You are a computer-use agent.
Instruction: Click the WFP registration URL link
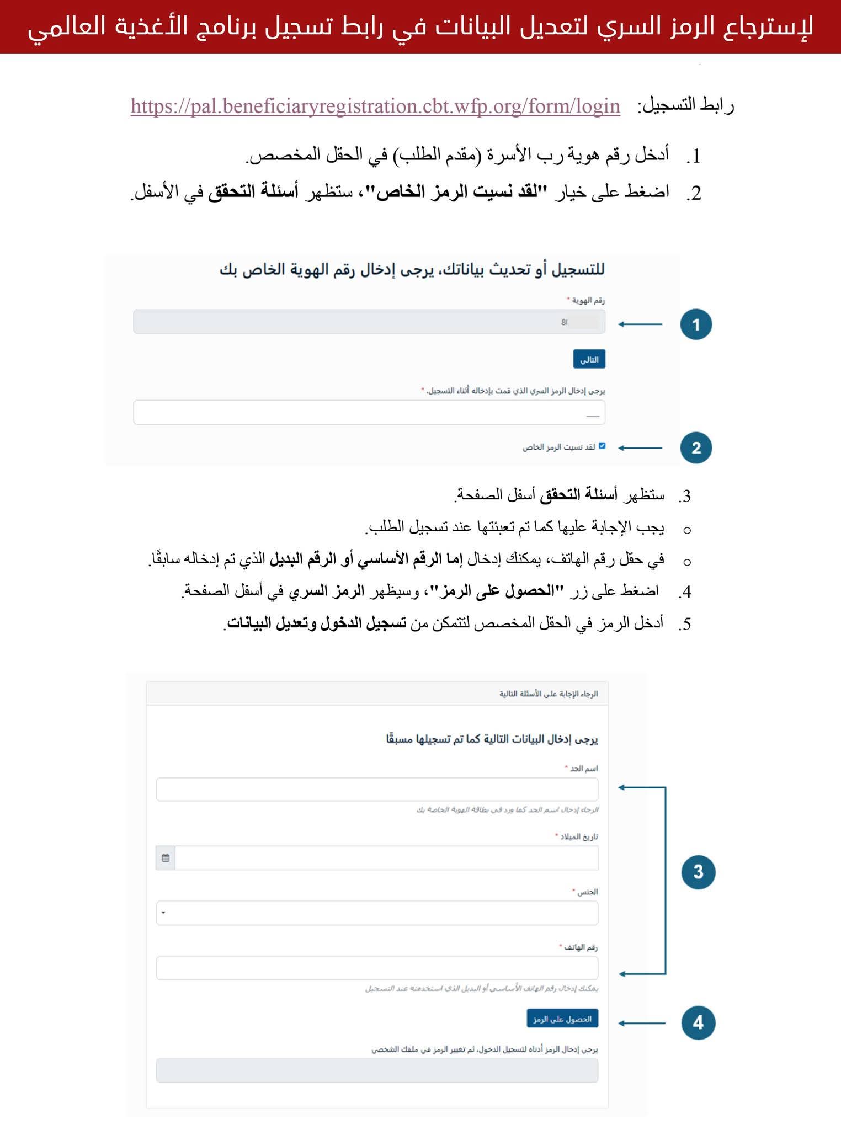click(375, 105)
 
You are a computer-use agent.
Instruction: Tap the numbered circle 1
click(696, 324)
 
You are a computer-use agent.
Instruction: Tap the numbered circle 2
click(696, 447)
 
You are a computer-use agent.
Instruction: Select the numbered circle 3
click(698, 872)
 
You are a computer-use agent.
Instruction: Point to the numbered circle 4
click(698, 1022)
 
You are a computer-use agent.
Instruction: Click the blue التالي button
click(589, 359)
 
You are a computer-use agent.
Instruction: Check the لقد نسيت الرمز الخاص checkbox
click(602, 446)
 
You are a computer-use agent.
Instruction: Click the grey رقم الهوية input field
click(369, 322)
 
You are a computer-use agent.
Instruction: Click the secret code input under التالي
click(369, 412)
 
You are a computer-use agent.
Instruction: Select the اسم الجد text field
click(377, 789)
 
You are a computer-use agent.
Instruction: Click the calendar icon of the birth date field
click(166, 858)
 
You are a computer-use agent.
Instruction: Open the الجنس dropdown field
click(377, 913)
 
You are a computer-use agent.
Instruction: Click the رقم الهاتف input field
click(377, 968)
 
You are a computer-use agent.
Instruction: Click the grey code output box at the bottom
click(377, 1070)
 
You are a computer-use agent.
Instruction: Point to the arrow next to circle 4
click(642, 1023)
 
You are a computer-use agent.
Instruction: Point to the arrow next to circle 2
click(640, 447)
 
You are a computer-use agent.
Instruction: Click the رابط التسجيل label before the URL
click(685, 105)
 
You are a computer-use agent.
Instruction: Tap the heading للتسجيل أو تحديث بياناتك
click(412, 270)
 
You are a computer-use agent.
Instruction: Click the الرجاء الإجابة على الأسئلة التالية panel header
click(377, 694)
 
